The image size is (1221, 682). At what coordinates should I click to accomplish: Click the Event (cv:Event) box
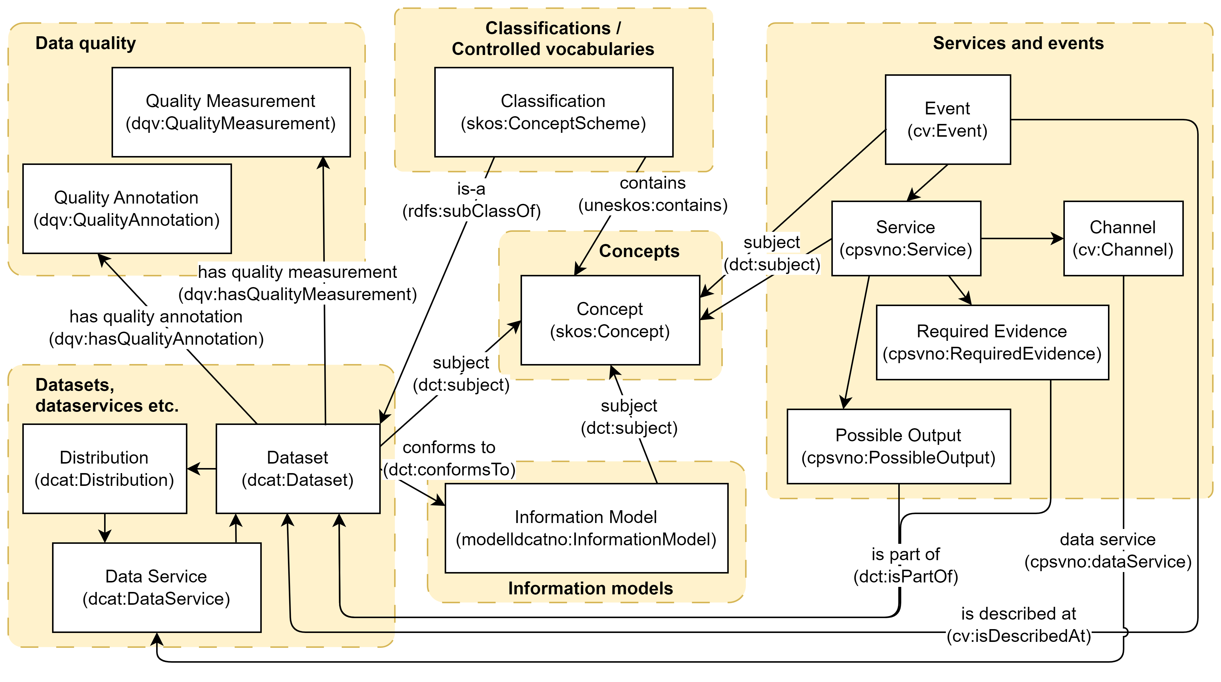[x=948, y=119]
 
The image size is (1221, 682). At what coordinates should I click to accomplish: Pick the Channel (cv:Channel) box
[x=1123, y=238]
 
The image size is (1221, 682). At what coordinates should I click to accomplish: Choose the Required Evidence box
[x=992, y=342]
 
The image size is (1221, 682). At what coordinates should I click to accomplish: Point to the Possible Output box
[x=898, y=446]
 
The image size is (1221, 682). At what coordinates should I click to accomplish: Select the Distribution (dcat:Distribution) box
[x=104, y=468]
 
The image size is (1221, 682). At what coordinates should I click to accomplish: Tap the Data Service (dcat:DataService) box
[x=156, y=587]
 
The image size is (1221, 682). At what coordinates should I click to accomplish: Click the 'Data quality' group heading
[x=86, y=43]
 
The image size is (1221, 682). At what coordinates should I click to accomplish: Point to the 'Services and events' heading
[x=1018, y=43]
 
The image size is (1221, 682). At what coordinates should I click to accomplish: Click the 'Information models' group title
[x=590, y=588]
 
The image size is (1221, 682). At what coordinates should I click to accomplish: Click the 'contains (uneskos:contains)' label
[x=653, y=194]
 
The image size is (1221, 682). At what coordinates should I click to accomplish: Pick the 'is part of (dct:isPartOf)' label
[x=905, y=565]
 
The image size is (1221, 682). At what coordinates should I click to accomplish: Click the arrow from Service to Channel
[x=1021, y=238]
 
